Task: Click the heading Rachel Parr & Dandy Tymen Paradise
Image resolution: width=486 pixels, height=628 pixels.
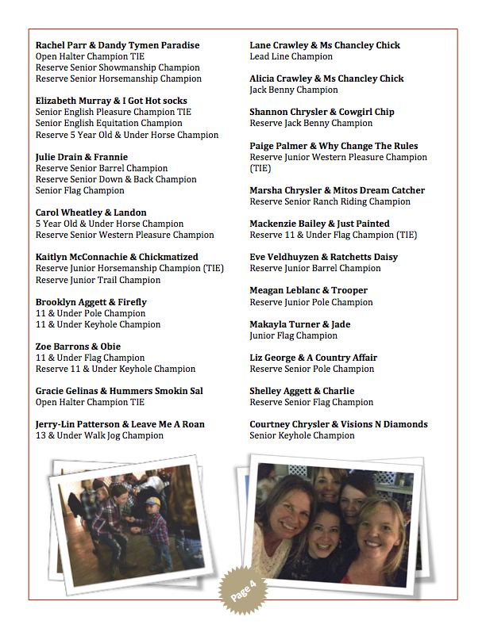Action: pyautogui.click(x=118, y=45)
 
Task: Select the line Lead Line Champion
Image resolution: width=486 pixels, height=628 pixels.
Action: pyautogui.click(x=291, y=56)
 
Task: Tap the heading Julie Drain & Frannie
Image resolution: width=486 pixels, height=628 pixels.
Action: pyautogui.click(x=82, y=157)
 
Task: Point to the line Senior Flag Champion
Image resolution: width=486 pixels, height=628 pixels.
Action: pyautogui.click(x=80, y=190)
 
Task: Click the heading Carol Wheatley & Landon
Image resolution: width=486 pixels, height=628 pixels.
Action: pyautogui.click(x=91, y=213)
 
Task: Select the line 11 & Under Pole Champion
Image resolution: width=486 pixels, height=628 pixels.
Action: pyautogui.click(x=91, y=313)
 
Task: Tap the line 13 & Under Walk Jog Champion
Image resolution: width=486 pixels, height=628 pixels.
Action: pyautogui.click(x=99, y=435)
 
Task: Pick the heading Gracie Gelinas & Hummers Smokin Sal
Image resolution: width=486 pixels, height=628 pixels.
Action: pyautogui.click(x=119, y=391)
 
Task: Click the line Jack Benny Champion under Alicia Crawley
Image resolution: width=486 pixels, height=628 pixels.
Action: pyautogui.click(x=294, y=90)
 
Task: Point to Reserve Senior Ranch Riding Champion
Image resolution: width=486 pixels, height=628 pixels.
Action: pyautogui.click(x=330, y=201)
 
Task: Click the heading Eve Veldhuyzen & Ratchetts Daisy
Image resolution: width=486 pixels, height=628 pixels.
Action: pyautogui.click(x=324, y=257)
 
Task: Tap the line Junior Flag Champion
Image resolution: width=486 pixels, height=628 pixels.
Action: pyautogui.click(x=293, y=335)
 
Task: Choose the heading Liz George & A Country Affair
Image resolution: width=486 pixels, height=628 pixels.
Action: pyautogui.click(x=313, y=358)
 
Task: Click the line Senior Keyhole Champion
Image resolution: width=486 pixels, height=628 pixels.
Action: pyautogui.click(x=302, y=435)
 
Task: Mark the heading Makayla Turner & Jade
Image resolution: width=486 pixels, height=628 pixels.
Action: pyautogui.click(x=299, y=324)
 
